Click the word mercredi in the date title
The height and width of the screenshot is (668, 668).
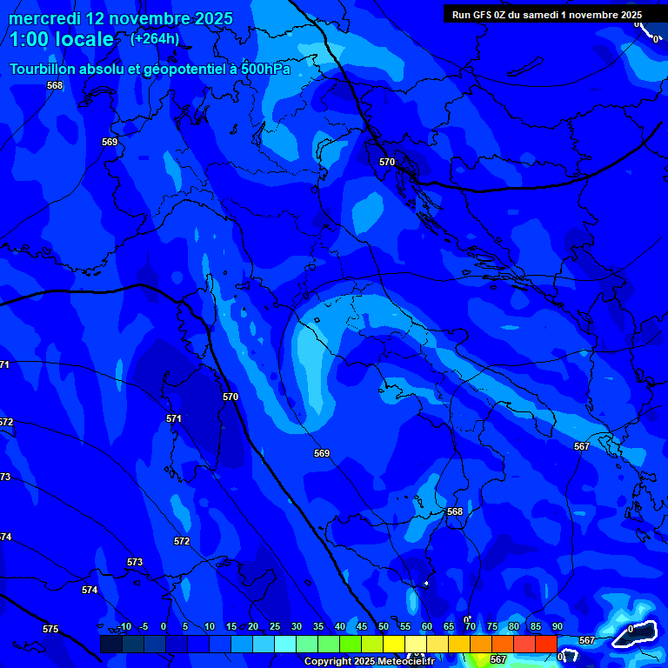pos(47,18)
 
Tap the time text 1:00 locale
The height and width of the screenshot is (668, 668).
pos(62,39)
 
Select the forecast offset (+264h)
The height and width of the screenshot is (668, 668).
pos(155,38)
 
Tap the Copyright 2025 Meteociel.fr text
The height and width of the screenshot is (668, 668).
pos(369,662)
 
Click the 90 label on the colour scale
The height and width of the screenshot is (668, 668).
pos(557,626)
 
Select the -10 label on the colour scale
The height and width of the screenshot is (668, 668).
pos(124,626)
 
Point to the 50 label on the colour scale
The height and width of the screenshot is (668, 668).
pos(384,626)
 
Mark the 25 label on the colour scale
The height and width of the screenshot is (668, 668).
pos(275,626)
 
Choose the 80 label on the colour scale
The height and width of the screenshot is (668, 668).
pos(514,626)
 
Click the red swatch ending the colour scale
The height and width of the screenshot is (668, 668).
pos(545,644)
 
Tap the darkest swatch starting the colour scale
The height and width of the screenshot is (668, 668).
pos(110,644)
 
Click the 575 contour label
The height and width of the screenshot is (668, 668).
pos(50,629)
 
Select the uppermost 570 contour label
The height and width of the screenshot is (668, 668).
pos(387,162)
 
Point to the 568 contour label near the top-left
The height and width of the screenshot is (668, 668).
pos(55,85)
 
